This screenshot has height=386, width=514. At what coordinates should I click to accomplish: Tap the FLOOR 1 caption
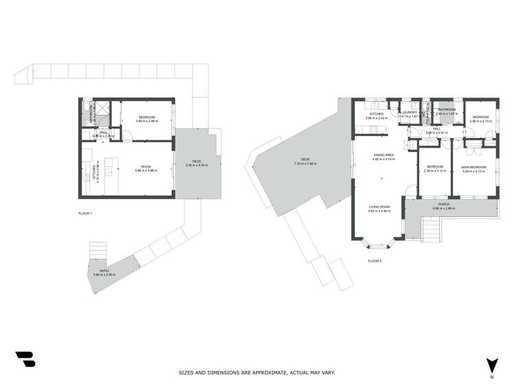click(x=85, y=214)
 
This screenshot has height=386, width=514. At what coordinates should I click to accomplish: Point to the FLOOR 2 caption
click(x=374, y=261)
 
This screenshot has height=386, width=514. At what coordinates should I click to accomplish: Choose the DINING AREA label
click(x=383, y=156)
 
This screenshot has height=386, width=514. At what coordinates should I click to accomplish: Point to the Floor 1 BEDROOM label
click(x=147, y=118)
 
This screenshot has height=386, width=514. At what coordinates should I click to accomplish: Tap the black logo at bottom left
click(x=25, y=359)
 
